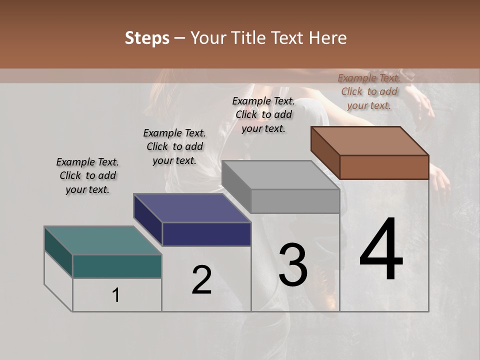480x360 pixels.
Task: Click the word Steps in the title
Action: point(147,38)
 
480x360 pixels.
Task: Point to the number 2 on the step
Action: point(201,280)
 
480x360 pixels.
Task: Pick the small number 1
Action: point(116,295)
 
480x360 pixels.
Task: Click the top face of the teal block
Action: point(102,240)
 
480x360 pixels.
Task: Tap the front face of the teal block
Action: point(117,266)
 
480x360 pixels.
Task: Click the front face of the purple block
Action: point(206,234)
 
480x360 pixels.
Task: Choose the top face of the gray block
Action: point(280,175)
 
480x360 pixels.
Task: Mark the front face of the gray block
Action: point(295,201)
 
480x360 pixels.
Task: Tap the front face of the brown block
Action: point(384,167)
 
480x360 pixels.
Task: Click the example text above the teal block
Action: point(87,175)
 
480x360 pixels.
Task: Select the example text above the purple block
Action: point(174,146)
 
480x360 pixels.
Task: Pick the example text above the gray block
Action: point(263,114)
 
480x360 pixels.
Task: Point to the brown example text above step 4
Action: point(369,91)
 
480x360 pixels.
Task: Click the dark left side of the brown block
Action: point(325,152)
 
